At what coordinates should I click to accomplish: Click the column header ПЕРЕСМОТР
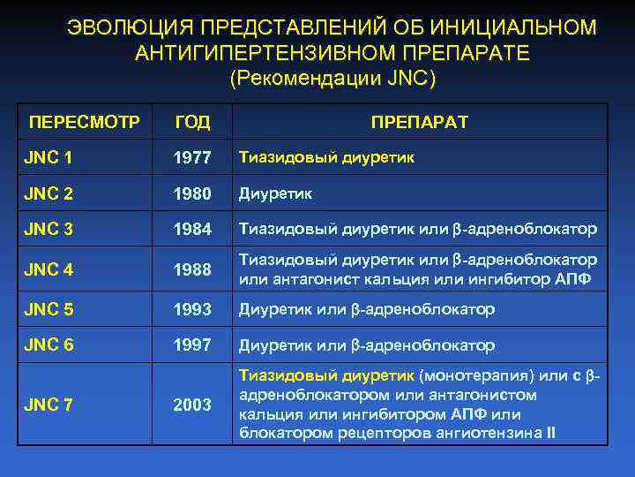[x=84, y=122]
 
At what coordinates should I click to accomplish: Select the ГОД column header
[x=192, y=122]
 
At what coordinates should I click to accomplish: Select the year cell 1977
[x=192, y=158]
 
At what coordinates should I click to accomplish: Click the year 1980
[x=192, y=193]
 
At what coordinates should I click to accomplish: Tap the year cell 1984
[x=192, y=231]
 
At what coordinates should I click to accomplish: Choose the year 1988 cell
[x=192, y=271]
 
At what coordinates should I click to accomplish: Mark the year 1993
[x=192, y=310]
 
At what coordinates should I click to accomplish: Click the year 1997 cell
[x=192, y=345]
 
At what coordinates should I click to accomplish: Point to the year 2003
[x=192, y=405]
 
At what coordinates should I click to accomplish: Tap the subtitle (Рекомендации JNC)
[x=332, y=78]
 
